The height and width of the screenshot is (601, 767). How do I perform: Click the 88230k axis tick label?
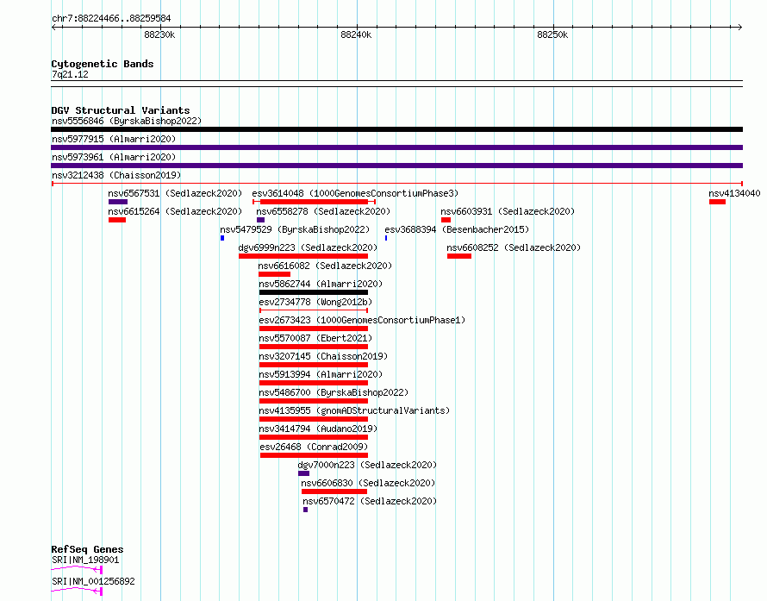(159, 34)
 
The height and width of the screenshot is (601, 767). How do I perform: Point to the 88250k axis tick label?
(552, 34)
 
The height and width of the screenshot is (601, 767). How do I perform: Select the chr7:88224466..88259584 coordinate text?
(111, 19)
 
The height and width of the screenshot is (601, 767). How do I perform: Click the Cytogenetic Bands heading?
(103, 64)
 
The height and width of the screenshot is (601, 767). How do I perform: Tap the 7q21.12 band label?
(70, 74)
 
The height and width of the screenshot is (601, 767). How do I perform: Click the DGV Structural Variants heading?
(121, 110)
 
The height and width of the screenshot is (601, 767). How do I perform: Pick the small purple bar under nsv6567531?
(118, 202)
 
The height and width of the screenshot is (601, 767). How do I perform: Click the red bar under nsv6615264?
(117, 220)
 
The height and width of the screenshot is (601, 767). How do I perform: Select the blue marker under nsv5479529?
(222, 238)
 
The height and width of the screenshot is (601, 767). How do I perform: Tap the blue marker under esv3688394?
(386, 238)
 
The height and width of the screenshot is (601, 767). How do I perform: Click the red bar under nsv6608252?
(459, 256)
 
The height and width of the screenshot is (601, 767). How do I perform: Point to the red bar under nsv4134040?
(718, 202)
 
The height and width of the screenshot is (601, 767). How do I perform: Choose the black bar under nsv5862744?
(314, 292)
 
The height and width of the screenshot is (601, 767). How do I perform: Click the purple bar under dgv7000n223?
(303, 473)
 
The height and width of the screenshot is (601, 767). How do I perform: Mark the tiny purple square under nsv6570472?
(305, 510)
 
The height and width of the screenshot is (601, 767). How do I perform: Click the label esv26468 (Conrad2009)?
(314, 447)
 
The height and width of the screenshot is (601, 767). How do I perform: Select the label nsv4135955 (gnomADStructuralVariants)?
(354, 410)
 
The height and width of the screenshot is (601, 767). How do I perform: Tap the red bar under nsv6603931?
(446, 220)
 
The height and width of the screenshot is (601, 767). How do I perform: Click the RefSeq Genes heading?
(87, 549)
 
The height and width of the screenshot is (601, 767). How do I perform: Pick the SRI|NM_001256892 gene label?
(93, 581)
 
